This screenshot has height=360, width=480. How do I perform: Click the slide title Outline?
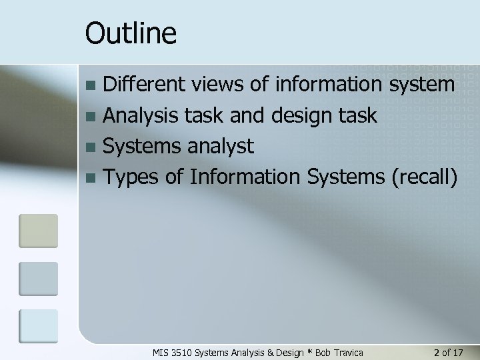point(131,33)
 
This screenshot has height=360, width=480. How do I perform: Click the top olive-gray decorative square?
point(38,231)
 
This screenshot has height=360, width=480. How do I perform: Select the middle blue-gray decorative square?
point(38,279)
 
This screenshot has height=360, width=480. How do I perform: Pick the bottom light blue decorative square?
point(38,326)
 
